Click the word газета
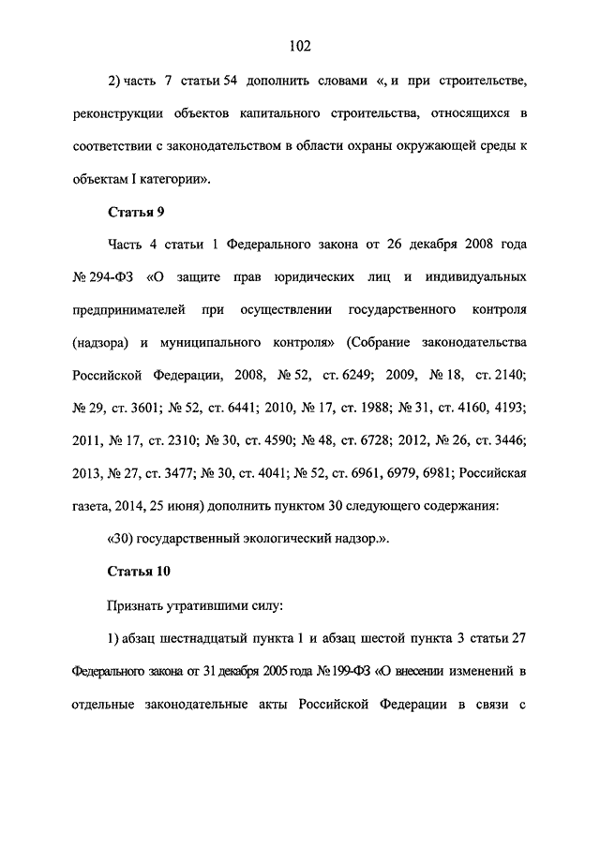(x=93, y=507)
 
